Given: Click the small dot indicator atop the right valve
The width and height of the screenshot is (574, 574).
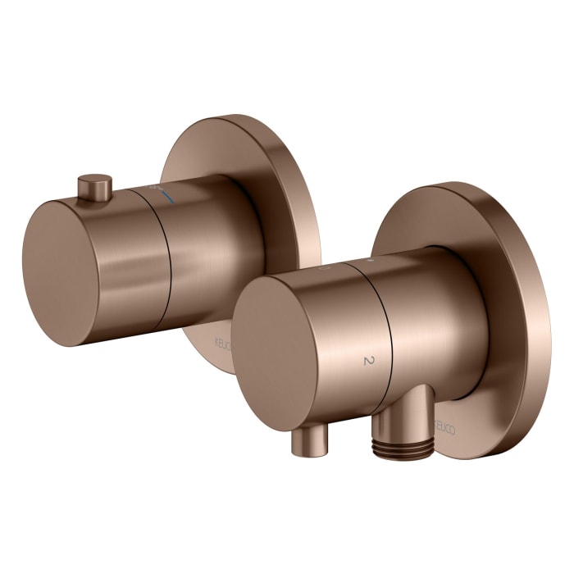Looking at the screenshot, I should (369, 260).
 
